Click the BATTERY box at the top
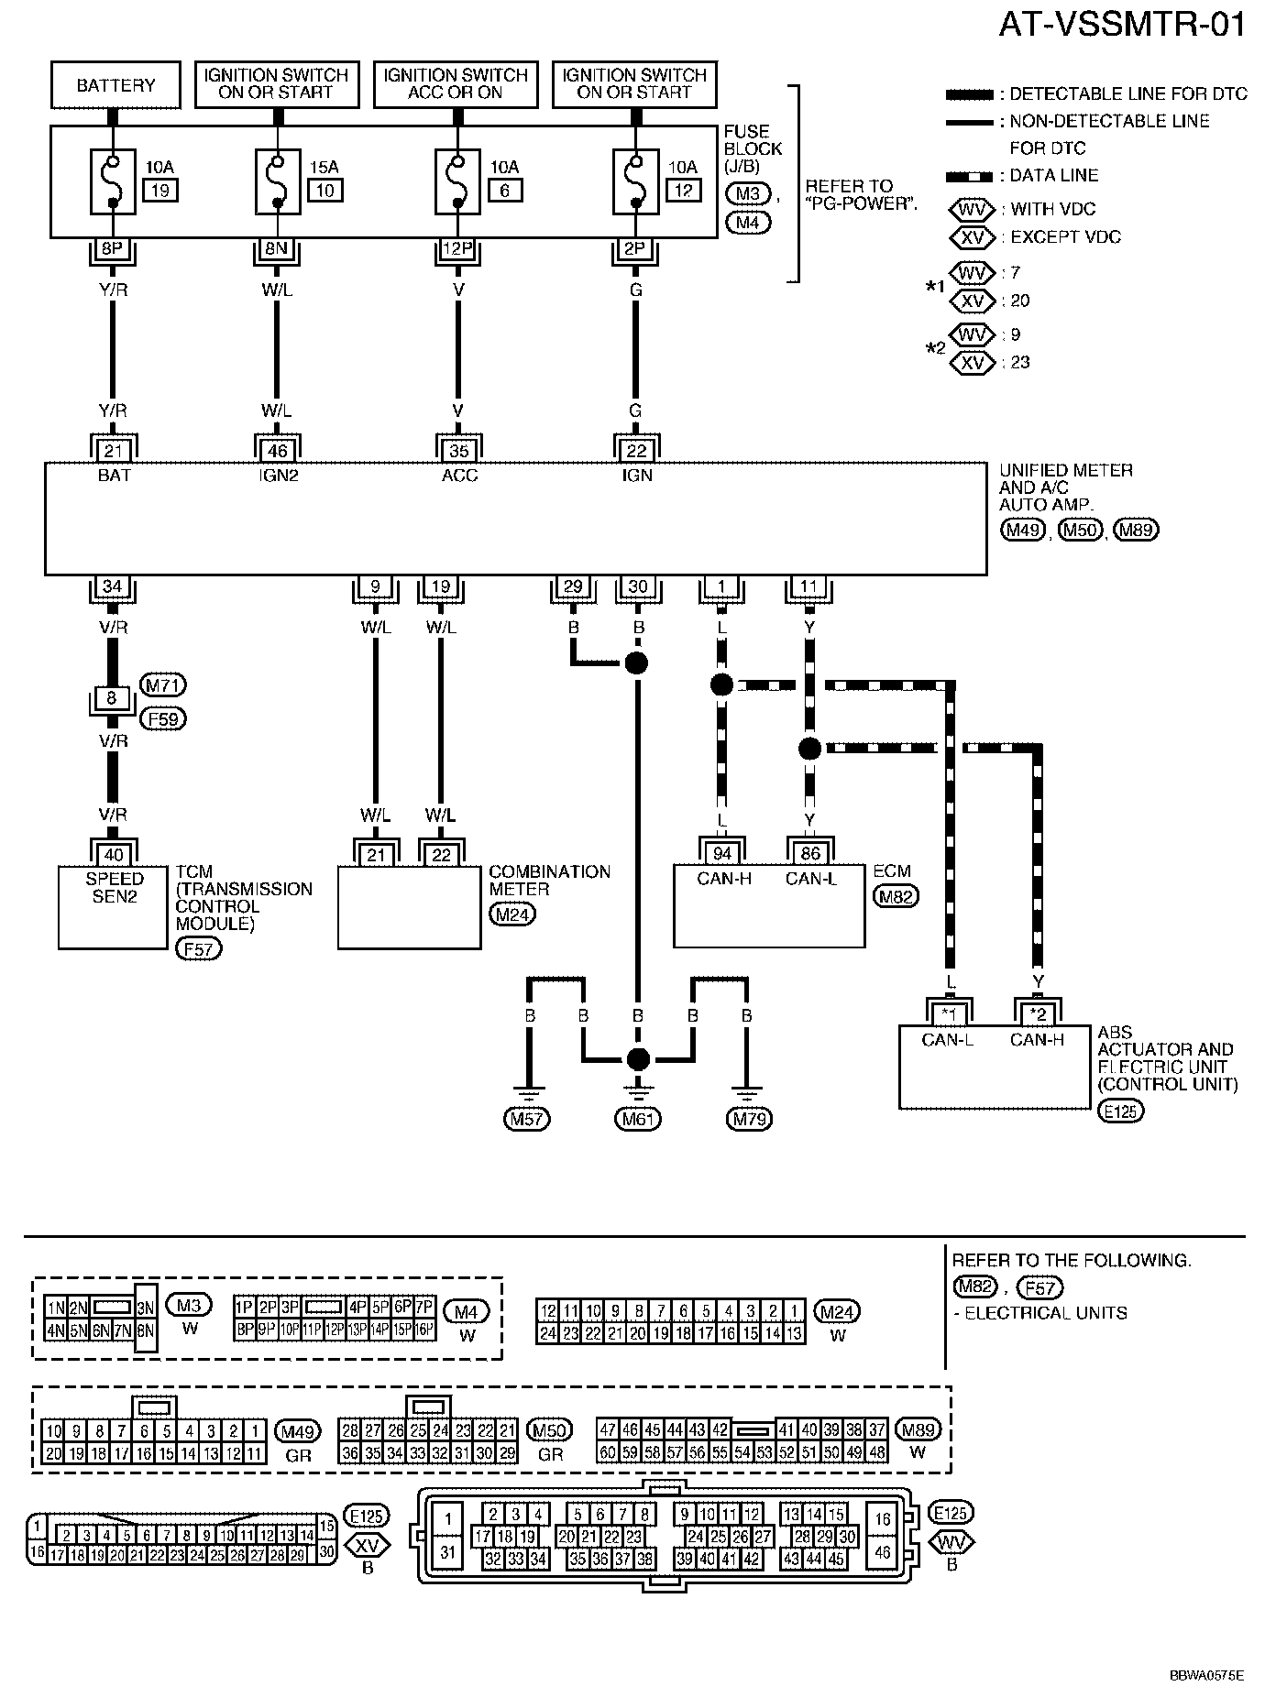pyautogui.click(x=115, y=85)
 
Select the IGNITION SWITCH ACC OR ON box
pyautogui.click(x=456, y=85)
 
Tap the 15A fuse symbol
pyautogui.click(x=277, y=181)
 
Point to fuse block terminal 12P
pyautogui.click(x=456, y=247)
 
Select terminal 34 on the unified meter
pyautogui.click(x=112, y=587)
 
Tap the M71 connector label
pyautogui.click(x=163, y=684)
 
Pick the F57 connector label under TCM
pyautogui.click(x=199, y=949)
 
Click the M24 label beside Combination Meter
pyautogui.click(x=512, y=914)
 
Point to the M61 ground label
pyautogui.click(x=637, y=1119)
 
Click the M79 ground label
pyautogui.click(x=749, y=1119)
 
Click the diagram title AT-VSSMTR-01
pyautogui.click(x=1122, y=25)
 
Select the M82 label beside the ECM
pyautogui.click(x=896, y=897)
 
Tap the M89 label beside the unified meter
pyautogui.click(x=1135, y=531)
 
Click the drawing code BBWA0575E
pyautogui.click(x=1206, y=1675)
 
